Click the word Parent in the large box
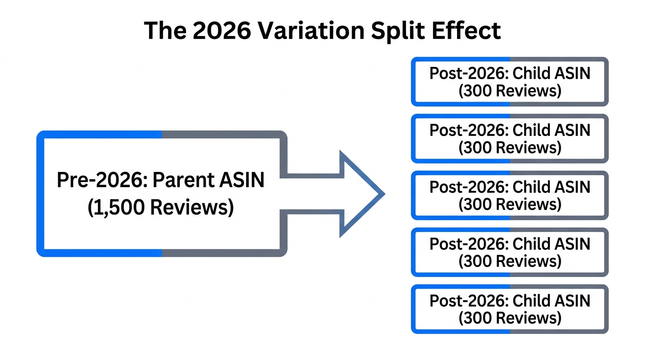(180, 180)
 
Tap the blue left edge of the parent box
(40, 194)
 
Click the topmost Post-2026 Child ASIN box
(510, 82)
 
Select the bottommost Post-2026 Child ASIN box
(510, 309)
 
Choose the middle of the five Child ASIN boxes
(510, 195)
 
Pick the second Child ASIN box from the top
(510, 138)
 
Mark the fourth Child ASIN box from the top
(510, 252)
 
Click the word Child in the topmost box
(531, 74)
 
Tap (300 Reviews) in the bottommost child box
(510, 318)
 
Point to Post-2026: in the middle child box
(469, 187)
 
